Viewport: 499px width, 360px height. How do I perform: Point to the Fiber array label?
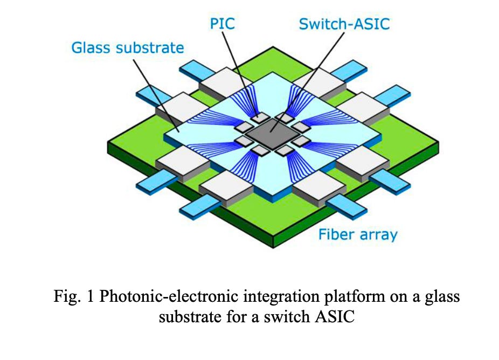pos(357,234)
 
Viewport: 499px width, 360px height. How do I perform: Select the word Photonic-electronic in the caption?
pos(153,297)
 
